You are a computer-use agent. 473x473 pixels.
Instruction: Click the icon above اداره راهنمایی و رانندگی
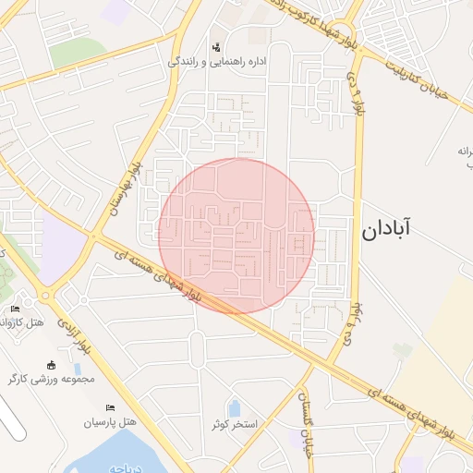216,46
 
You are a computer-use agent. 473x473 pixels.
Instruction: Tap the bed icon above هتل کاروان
15,309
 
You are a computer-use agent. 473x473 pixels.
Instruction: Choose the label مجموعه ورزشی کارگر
52,379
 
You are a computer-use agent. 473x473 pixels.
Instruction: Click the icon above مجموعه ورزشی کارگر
51,364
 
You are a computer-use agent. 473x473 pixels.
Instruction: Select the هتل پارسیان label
110,422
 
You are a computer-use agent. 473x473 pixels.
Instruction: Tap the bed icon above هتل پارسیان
110,407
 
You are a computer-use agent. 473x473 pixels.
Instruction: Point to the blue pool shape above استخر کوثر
234,407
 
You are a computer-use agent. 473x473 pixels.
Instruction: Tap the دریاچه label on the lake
121,467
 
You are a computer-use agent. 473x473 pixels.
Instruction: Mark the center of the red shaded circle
236,236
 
